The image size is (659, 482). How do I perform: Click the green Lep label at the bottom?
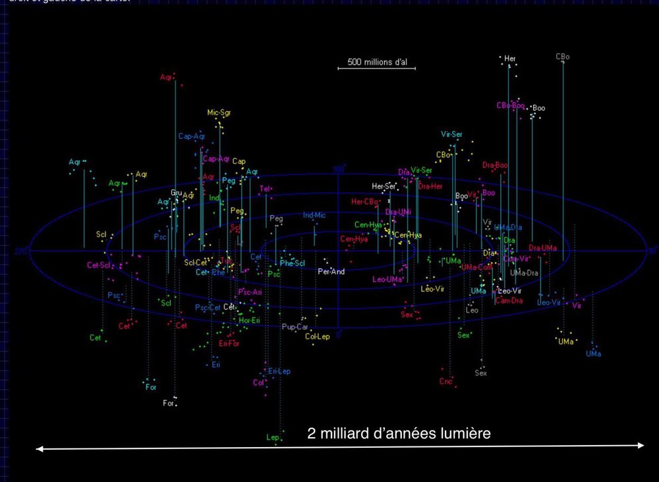(272, 437)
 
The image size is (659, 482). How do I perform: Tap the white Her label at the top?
(510, 59)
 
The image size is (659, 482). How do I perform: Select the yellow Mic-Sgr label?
(219, 113)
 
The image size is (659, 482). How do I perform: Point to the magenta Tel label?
(265, 189)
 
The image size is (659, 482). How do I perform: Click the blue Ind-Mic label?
(314, 215)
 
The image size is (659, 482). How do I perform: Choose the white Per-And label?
(331, 271)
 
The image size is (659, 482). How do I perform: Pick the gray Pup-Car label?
(295, 327)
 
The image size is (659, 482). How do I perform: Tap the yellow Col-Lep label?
(317, 336)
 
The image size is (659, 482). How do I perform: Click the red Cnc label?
(445, 381)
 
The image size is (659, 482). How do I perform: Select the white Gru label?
(176, 193)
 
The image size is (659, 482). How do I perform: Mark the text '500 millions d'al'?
(378, 63)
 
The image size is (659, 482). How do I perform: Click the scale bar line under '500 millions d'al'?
(378, 68)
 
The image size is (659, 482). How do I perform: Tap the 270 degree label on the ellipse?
(20, 252)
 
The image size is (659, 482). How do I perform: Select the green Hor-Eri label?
(249, 321)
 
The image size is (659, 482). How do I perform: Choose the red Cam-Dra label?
(509, 301)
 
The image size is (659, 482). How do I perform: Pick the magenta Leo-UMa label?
(387, 279)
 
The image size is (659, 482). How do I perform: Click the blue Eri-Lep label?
(279, 371)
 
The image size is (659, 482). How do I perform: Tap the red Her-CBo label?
(364, 201)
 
